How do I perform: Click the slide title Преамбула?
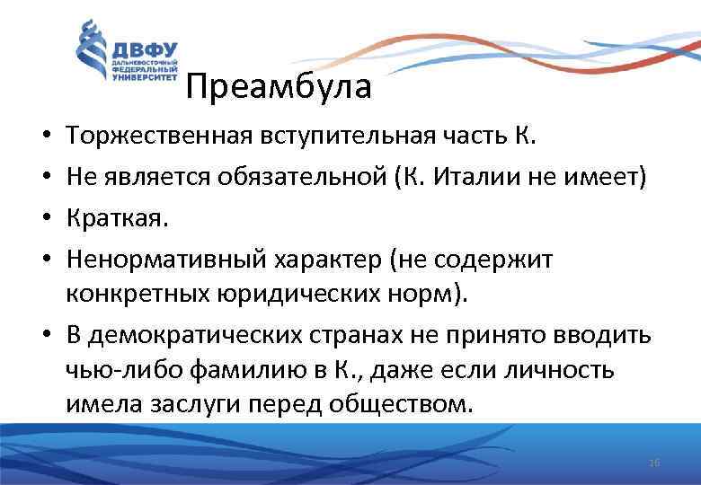point(279,87)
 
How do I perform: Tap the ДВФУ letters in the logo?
point(144,49)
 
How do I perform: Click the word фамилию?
point(229,369)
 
